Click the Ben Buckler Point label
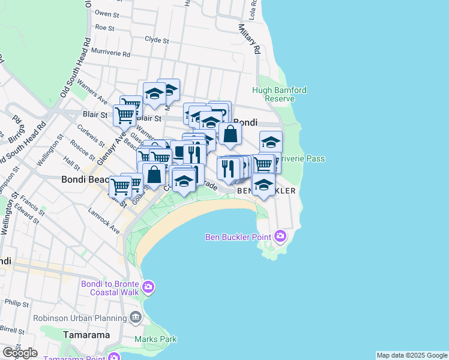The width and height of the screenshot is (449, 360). (x=239, y=236)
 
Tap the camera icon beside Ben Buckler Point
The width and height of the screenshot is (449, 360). (x=280, y=236)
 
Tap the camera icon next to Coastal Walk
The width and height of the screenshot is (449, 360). (x=148, y=288)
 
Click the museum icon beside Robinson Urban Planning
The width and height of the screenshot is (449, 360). (x=135, y=317)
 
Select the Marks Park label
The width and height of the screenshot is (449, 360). (x=155, y=339)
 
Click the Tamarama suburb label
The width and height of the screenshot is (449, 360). (x=87, y=335)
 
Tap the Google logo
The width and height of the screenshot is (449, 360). (x=19, y=353)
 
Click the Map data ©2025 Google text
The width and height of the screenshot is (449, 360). (x=411, y=355)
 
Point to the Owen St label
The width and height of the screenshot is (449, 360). (x=107, y=13)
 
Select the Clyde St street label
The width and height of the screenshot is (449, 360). (x=157, y=40)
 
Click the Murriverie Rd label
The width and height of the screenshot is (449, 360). (x=110, y=53)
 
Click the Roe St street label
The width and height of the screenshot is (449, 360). (x=104, y=28)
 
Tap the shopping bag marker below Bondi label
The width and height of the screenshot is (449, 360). (x=230, y=134)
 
